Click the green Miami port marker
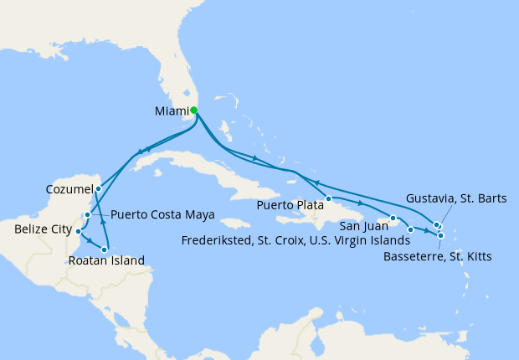tap(193, 110)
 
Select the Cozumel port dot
tap(99, 188)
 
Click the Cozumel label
tap(69, 190)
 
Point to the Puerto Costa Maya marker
tap(87, 215)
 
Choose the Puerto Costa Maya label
tap(162, 214)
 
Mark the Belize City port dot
tap(78, 231)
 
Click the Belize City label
tap(44, 227)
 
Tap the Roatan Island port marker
tap(105, 249)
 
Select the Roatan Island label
tap(107, 261)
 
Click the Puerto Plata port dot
tap(329, 199)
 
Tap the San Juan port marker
tap(392, 219)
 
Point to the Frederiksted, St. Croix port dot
tap(410, 229)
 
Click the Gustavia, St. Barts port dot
tap(436, 224)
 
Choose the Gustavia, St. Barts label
tap(456, 198)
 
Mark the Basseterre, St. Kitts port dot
tap(440, 236)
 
